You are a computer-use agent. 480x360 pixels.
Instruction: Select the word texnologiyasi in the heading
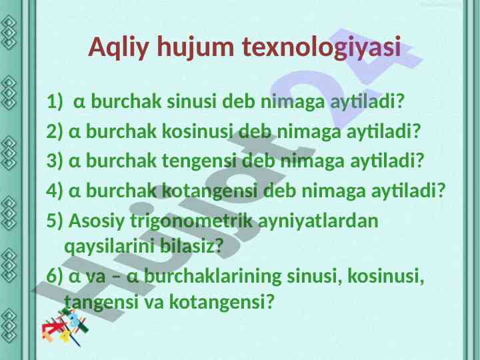[321, 47]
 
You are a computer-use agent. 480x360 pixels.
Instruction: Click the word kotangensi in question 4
[209, 191]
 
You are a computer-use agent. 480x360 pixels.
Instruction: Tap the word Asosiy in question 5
[97, 221]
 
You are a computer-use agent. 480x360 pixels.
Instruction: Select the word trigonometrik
[191, 221]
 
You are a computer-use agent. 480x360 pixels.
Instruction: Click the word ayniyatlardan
[319, 221]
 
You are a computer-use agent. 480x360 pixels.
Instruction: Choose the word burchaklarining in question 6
[213, 277]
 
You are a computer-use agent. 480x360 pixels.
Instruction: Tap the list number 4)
[55, 191]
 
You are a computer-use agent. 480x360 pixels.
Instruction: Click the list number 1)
[55, 101]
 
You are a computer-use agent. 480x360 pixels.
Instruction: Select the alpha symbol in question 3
[75, 161]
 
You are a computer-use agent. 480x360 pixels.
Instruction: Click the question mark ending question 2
[415, 131]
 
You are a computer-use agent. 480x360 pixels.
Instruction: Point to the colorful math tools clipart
[65, 327]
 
